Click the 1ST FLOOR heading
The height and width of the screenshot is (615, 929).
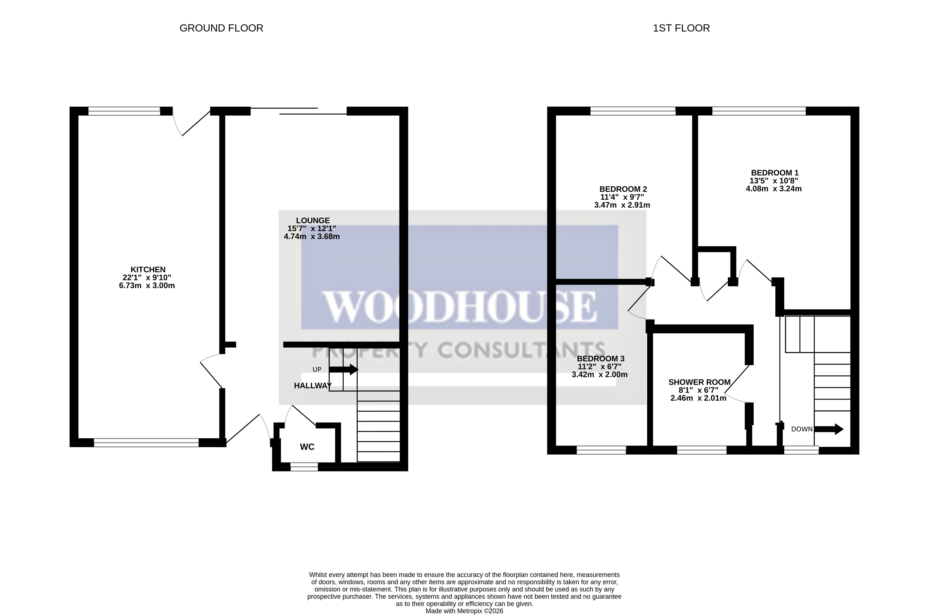point(681,28)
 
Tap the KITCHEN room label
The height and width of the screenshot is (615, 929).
point(148,270)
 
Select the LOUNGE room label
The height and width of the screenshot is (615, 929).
point(313,221)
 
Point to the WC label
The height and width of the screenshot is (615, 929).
point(307,447)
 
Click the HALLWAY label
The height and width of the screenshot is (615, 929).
point(313,385)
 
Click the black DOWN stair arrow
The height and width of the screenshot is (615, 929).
point(829,429)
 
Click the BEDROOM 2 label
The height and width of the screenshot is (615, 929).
point(623,189)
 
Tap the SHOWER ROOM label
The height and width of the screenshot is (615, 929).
point(699,382)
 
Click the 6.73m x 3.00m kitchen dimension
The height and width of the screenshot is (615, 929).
point(147,286)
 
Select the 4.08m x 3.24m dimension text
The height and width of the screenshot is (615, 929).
point(774,189)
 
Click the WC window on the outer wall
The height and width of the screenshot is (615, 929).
point(304,467)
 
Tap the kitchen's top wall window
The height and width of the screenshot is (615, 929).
point(124,111)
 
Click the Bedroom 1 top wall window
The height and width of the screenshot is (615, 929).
point(759,111)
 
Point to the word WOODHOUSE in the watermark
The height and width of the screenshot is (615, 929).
point(459,307)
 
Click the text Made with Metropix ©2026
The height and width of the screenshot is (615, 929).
point(464,611)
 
